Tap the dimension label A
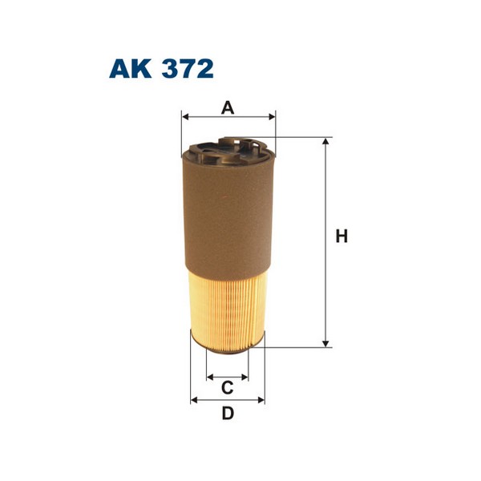point(228,107)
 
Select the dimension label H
point(342,237)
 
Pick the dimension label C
point(227,388)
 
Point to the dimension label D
point(228,414)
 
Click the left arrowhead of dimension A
point(186,117)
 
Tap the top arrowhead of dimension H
point(325,142)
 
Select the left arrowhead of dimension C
point(210,375)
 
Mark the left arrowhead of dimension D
point(194,399)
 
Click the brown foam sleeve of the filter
point(228,216)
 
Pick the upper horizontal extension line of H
point(301,137)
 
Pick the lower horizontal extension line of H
point(297,347)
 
